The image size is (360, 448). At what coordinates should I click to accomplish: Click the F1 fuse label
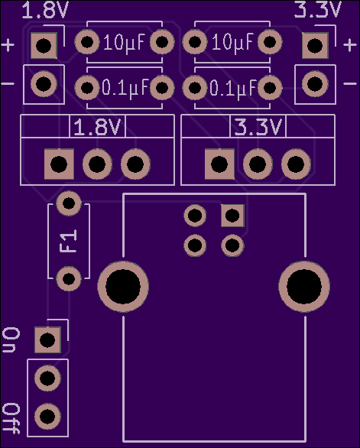tap(69, 241)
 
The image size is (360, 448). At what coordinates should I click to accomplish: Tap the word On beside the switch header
tap(11, 340)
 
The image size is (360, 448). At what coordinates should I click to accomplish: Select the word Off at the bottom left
tap(11, 418)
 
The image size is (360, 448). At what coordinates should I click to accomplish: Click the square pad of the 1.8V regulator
tap(59, 164)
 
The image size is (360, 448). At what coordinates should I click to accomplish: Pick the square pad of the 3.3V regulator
tap(219, 164)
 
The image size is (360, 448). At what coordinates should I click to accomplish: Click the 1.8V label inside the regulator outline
tap(97, 128)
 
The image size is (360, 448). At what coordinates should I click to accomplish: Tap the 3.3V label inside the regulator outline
tap(258, 128)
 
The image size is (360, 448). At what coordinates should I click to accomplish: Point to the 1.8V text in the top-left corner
tap(45, 10)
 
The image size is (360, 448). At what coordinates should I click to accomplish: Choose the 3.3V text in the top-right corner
tap(317, 10)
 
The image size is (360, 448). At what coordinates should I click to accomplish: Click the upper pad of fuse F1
tap(69, 203)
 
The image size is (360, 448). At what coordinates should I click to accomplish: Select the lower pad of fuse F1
tap(69, 278)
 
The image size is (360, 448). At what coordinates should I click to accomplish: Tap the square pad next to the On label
tap(47, 340)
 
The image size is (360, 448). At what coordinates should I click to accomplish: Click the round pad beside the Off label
tap(47, 417)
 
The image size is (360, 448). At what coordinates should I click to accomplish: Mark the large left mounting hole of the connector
tap(123, 287)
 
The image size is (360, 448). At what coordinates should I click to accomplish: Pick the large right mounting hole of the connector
tap(304, 287)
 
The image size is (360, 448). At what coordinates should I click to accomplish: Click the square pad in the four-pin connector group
tap(232, 216)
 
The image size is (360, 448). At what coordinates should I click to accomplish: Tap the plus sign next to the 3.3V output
tap(350, 45)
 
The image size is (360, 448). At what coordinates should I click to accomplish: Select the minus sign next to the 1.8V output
tap(8, 84)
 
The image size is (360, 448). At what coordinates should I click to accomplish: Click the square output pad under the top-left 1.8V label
tap(44, 46)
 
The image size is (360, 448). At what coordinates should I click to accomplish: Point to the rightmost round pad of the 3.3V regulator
tap(296, 164)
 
